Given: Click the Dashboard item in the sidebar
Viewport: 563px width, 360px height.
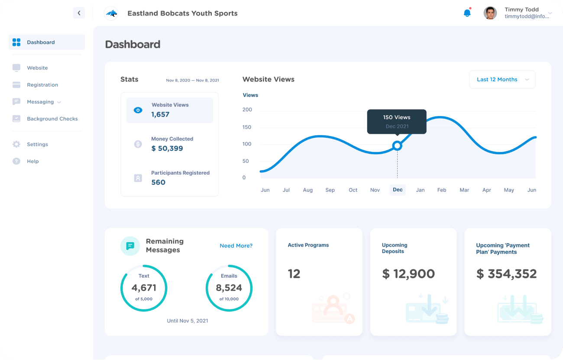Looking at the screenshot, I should [41, 42].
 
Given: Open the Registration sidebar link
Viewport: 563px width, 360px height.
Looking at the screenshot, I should [42, 85].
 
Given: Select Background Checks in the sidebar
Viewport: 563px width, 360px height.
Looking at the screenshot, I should [52, 119].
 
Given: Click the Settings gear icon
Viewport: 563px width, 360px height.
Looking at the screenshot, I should [16, 144].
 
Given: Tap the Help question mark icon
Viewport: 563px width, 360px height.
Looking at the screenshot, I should [16, 161].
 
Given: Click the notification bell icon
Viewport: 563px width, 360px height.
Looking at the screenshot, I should [467, 13].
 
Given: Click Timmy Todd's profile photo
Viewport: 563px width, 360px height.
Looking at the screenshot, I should [490, 13].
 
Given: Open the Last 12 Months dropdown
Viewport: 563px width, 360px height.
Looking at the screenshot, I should [502, 80].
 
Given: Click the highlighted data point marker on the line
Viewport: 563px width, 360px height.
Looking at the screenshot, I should [397, 146].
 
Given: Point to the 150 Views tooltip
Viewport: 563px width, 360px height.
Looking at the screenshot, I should [397, 121].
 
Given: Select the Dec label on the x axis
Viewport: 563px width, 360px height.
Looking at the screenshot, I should [398, 190].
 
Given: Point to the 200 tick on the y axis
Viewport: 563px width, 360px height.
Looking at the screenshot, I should [247, 110].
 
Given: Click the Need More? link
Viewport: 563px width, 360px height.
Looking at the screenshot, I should [236, 246].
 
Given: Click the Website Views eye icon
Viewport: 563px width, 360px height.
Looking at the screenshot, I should [138, 110].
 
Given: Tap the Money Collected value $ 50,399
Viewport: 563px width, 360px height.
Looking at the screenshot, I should [167, 148].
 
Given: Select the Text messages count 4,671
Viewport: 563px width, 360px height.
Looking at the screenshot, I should [144, 288].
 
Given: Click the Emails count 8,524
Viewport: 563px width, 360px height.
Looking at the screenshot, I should [229, 288].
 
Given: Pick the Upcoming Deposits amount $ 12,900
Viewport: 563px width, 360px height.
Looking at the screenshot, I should [408, 274].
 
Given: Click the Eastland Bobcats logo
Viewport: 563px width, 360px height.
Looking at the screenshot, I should [111, 13].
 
